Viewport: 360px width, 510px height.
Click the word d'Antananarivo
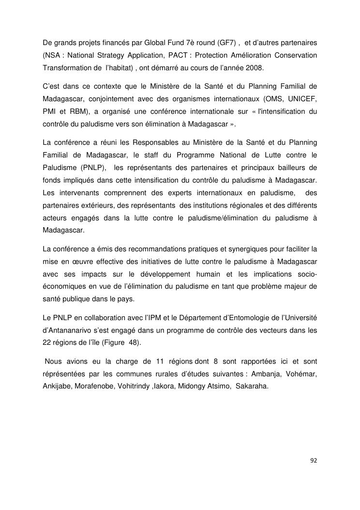[69, 331]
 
